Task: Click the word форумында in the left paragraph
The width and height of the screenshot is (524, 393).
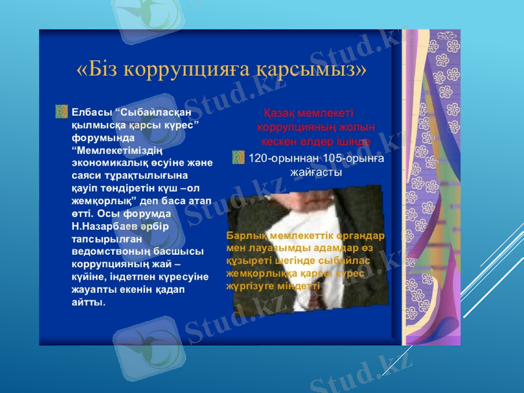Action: [103, 138]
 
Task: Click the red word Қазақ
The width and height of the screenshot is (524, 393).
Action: [280, 113]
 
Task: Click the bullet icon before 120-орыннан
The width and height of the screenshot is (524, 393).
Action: [239, 157]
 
